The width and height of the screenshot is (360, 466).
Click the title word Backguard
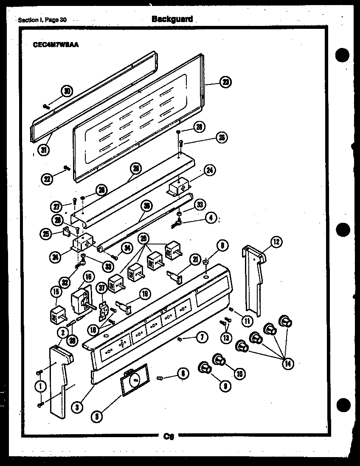(172, 19)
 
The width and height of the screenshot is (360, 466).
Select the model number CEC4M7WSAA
(55, 44)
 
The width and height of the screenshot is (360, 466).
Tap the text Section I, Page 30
(43, 20)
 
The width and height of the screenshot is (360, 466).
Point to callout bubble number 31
(42, 150)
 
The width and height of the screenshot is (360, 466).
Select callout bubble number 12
(276, 243)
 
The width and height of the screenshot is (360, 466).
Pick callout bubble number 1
(41, 387)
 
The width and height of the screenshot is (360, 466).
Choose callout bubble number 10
(239, 373)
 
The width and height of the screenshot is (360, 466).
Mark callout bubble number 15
(55, 292)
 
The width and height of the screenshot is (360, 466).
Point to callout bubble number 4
(210, 218)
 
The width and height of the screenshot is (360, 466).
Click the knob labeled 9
(205, 367)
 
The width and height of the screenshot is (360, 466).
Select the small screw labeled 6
(160, 377)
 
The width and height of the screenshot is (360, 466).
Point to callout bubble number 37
(102, 288)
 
